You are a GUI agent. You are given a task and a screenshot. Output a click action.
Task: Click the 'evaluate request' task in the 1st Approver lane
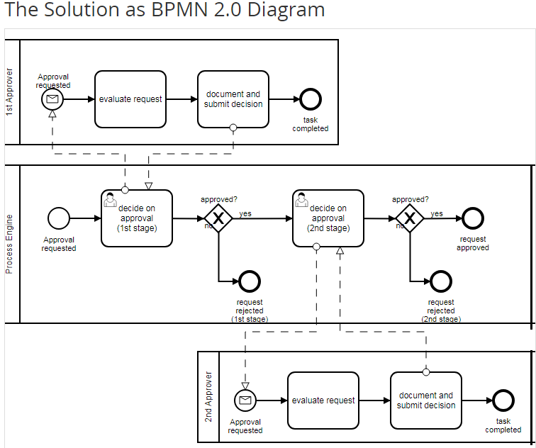click(130, 99)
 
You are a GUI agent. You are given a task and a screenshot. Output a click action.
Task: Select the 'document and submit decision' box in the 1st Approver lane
click(233, 99)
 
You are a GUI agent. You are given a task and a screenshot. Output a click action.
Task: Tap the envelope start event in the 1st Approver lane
click(52, 99)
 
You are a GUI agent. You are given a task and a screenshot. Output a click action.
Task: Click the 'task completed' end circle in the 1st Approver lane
click(310, 99)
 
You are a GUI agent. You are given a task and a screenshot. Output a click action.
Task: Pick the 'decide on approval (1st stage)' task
click(137, 218)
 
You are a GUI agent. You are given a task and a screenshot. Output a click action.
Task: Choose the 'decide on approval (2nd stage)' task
click(328, 218)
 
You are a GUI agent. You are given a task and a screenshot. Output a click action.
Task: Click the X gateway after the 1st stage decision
click(218, 219)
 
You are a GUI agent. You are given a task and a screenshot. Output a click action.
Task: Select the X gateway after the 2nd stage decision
click(410, 219)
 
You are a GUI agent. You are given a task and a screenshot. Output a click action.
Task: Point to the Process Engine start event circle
click(58, 218)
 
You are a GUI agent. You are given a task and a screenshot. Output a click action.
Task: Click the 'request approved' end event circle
click(472, 219)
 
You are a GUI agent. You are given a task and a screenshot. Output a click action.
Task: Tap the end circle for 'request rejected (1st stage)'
click(250, 281)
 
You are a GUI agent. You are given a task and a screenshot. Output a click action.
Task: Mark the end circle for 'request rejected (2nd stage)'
click(441, 281)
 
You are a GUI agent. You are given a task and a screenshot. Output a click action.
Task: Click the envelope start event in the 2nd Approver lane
click(245, 401)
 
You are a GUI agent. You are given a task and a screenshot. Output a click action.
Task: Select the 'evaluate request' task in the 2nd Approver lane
click(323, 401)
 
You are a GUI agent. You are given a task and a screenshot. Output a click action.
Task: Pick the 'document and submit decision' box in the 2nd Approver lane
click(426, 401)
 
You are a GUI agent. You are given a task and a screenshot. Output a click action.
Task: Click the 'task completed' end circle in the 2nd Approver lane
click(503, 401)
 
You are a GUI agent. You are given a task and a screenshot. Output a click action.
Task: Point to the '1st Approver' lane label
click(9, 92)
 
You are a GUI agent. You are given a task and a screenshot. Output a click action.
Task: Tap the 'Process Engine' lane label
click(9, 244)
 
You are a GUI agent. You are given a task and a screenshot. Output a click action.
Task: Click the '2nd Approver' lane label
click(208, 397)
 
